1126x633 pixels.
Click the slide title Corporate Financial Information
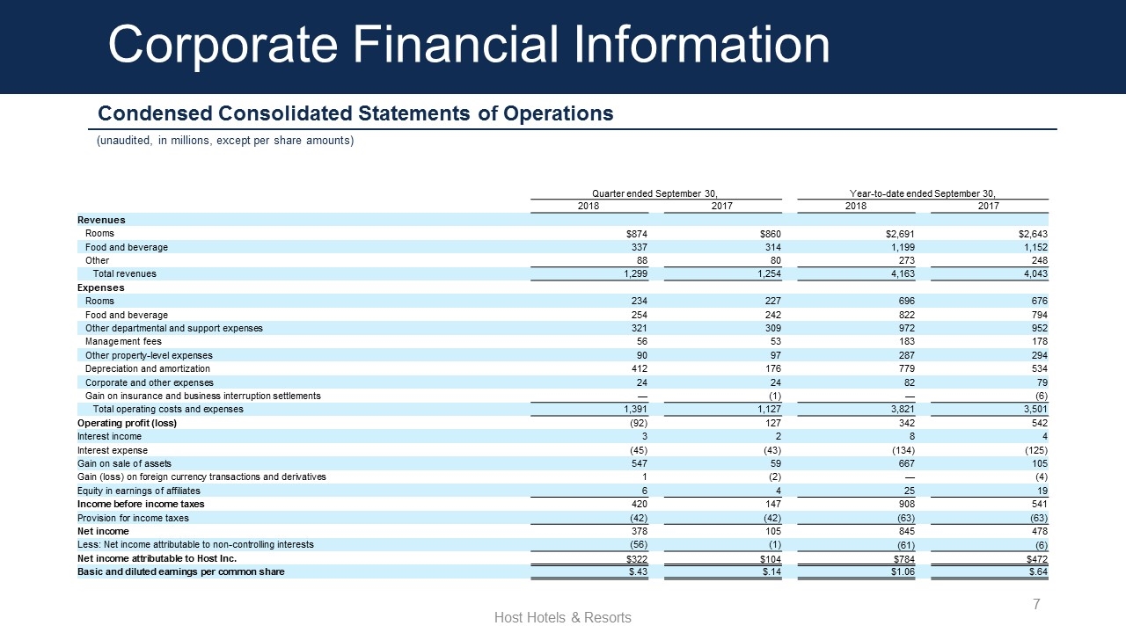468,46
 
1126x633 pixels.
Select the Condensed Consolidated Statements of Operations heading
355,114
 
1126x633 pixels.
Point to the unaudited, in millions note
224,141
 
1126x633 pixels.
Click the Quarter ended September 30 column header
655,193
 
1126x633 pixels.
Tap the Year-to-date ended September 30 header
923,193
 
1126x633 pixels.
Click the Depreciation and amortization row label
148,369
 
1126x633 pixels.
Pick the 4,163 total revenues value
902,274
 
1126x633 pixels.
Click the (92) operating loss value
639,423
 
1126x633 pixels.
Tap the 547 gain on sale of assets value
640,463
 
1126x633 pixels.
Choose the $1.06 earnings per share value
901,572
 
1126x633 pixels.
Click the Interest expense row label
113,450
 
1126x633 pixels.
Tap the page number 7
1036,604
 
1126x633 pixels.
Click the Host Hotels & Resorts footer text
563,618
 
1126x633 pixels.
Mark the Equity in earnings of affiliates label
139,491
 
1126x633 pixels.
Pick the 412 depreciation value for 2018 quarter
640,369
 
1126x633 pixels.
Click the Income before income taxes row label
141,504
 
